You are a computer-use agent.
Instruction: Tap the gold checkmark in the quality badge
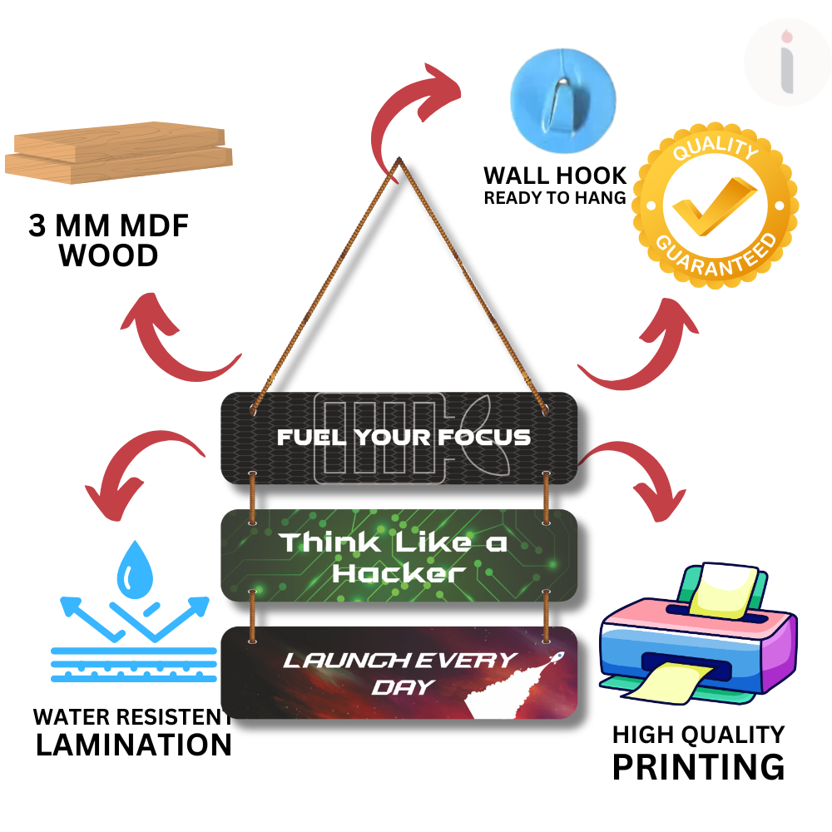click(713, 205)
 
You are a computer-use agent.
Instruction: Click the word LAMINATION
click(134, 744)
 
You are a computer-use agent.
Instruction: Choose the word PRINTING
click(698, 765)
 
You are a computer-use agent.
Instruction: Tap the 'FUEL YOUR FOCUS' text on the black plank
click(404, 437)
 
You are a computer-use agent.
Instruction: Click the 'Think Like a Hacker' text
click(393, 557)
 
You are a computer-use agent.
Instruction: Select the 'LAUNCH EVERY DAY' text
click(400, 672)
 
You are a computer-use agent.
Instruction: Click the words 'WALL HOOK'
click(555, 176)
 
